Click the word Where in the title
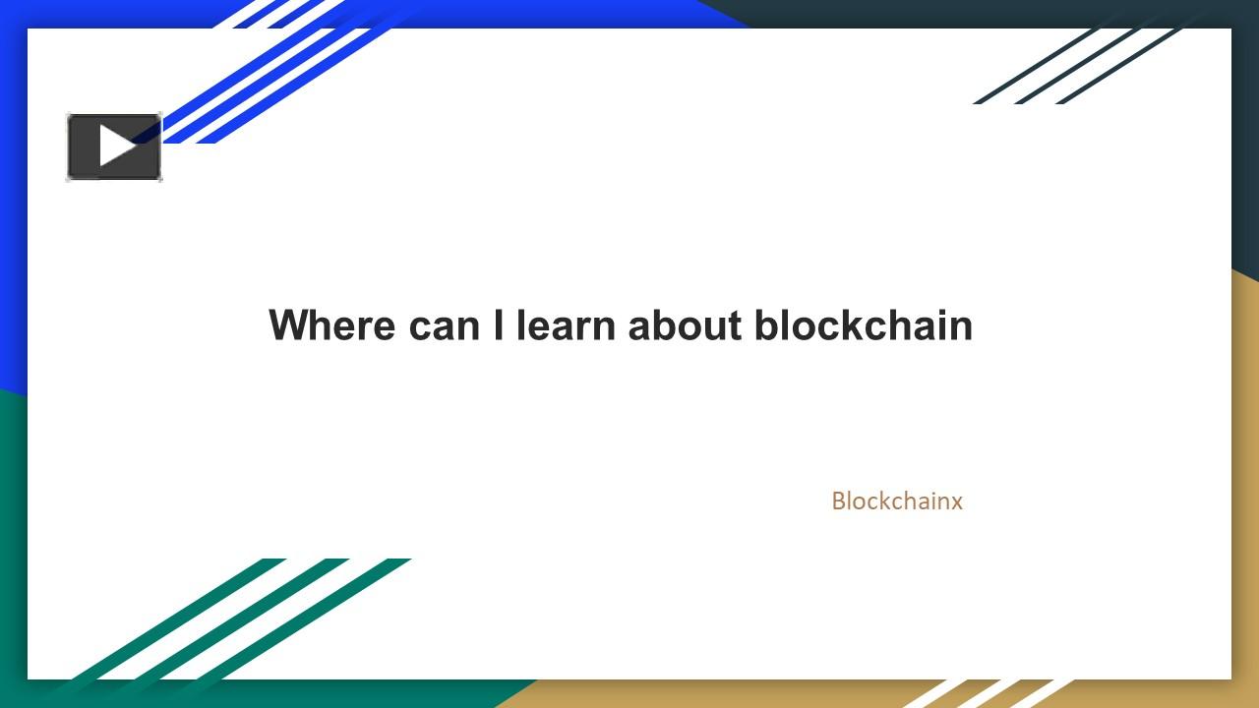[332, 324]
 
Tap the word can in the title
[444, 328]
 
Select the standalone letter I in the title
[498, 324]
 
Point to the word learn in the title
[566, 324]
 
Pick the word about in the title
[685, 324]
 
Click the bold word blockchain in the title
[864, 324]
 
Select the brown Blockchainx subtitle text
[897, 501]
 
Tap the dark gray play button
[114, 147]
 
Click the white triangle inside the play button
[118, 147]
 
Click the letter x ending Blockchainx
[956, 503]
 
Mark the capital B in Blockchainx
[839, 501]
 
